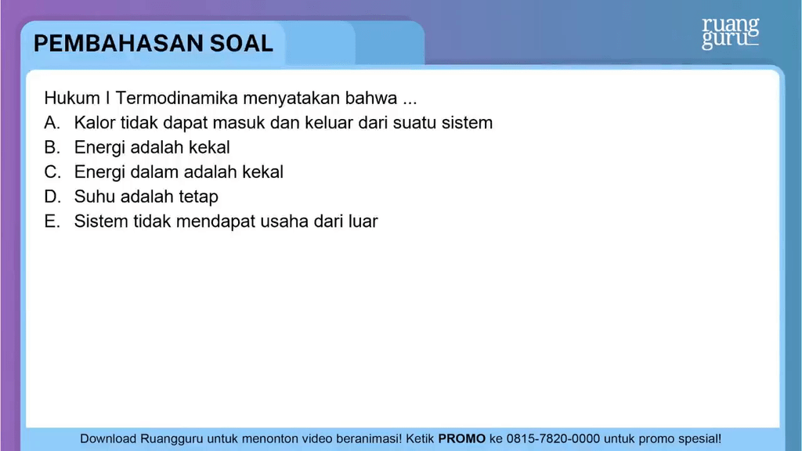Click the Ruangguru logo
click(730, 33)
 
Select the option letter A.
click(52, 123)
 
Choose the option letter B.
click(52, 147)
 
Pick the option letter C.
click(52, 171)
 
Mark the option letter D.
click(52, 197)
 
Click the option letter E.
click(52, 222)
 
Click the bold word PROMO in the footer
click(461, 439)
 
